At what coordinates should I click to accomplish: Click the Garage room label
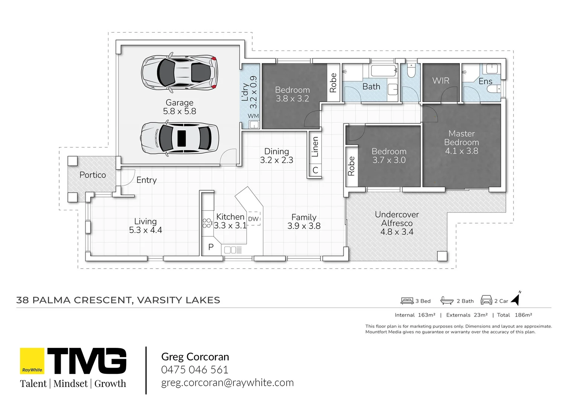coord(179,103)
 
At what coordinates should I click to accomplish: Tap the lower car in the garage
coord(180,138)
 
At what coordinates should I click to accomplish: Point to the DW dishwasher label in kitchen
coord(253,219)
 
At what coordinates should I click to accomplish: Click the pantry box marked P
coord(211,247)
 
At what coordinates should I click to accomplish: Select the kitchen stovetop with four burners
coord(207,223)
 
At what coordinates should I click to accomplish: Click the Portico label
coord(93,175)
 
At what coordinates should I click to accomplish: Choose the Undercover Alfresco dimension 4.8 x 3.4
coord(397,232)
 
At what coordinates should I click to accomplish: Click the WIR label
coord(441,81)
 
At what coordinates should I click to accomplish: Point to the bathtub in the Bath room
coord(383,70)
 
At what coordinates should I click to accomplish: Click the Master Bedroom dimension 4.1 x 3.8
coord(461,151)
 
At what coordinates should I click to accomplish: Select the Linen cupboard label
coord(315,147)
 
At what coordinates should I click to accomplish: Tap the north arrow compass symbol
coord(516,298)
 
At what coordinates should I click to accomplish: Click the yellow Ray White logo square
coord(32,361)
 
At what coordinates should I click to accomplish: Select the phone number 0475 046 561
coord(195,370)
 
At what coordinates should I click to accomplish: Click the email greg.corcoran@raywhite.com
coord(227,383)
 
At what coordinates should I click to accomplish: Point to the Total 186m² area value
coord(523,315)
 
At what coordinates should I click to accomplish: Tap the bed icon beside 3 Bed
coord(407,301)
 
